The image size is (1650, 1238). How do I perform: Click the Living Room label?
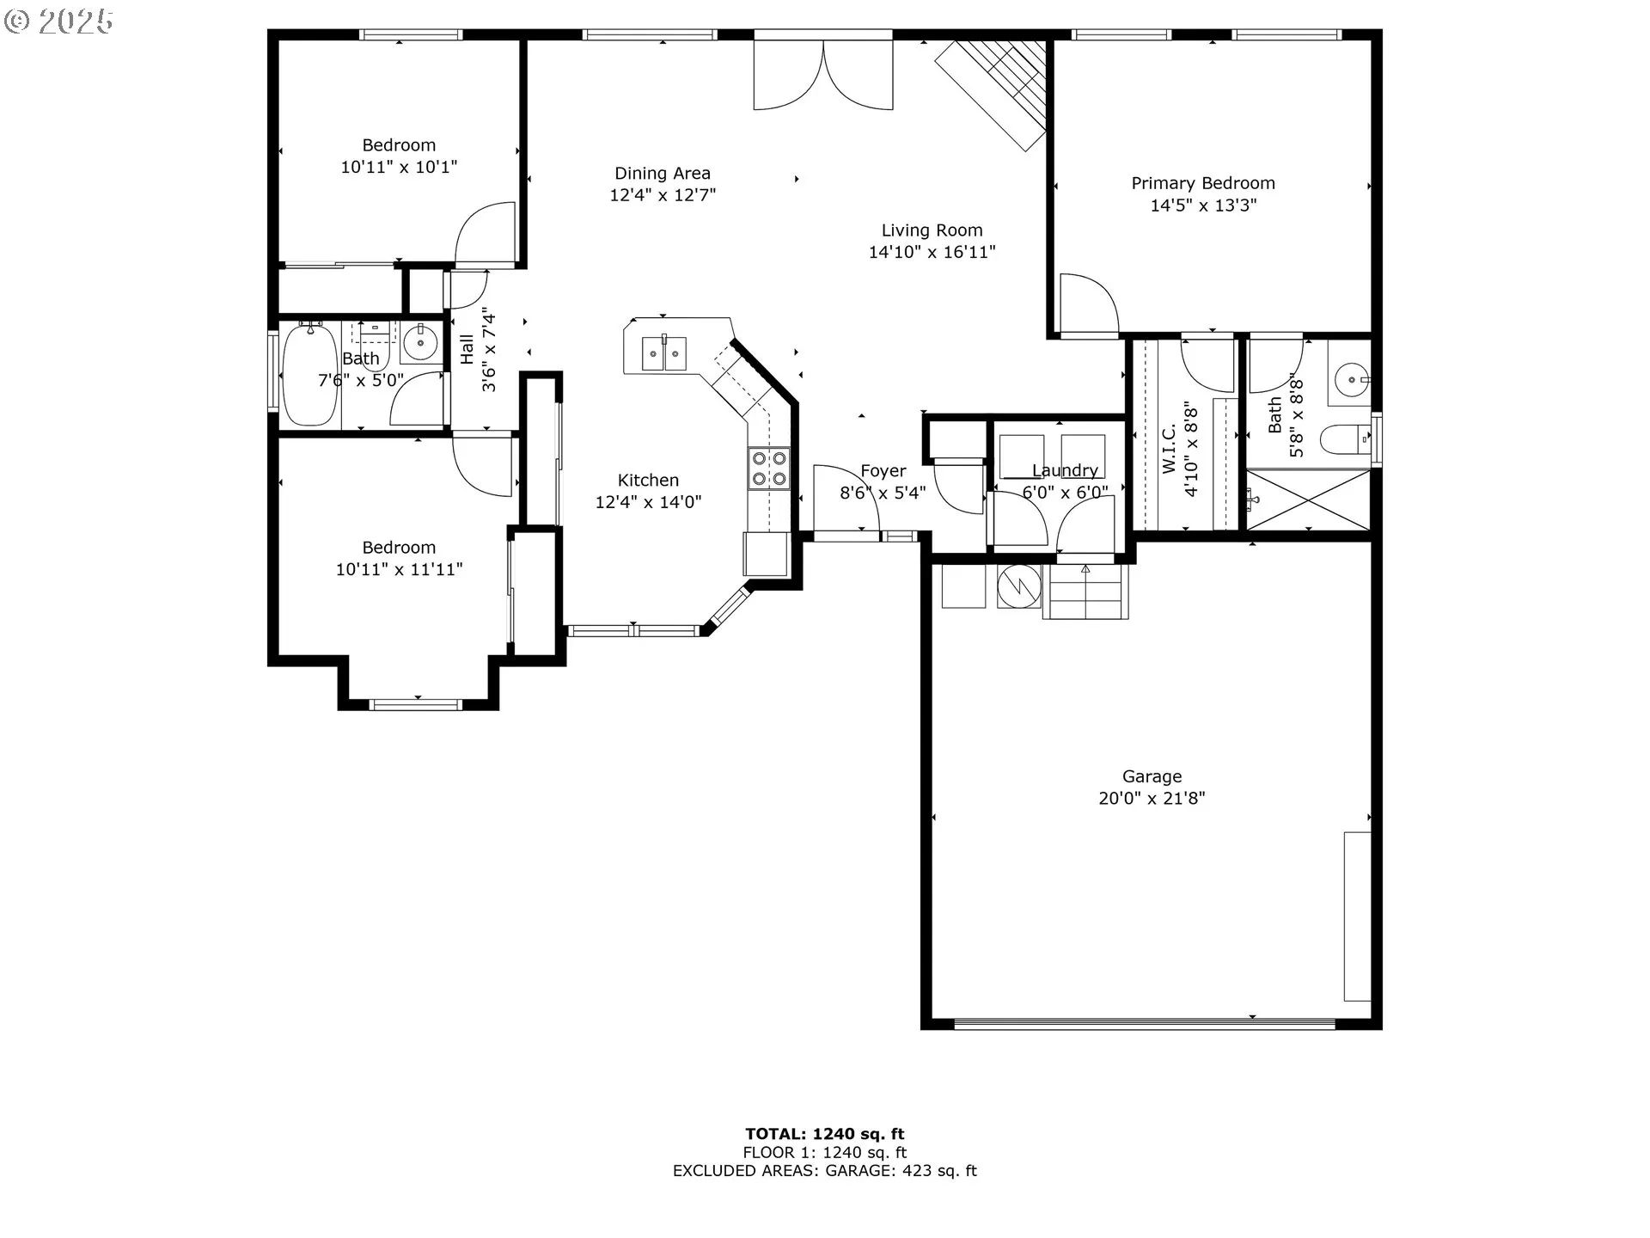pyautogui.click(x=932, y=230)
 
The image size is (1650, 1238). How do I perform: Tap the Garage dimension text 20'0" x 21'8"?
pyautogui.click(x=1152, y=799)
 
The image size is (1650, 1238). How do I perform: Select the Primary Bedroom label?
pyautogui.click(x=1203, y=183)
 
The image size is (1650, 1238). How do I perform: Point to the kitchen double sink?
pyautogui.click(x=664, y=353)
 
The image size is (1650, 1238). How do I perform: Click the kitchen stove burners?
pyautogui.click(x=769, y=469)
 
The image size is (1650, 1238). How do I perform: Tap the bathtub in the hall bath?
pyautogui.click(x=309, y=375)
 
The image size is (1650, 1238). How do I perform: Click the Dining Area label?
pyautogui.click(x=663, y=174)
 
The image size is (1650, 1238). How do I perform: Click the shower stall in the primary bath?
pyautogui.click(x=1309, y=499)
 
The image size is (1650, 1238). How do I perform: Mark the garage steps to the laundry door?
pyautogui.click(x=1085, y=591)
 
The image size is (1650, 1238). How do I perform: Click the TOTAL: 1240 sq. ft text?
pyautogui.click(x=825, y=1134)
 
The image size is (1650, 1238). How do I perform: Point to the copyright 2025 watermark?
pyautogui.click(x=58, y=21)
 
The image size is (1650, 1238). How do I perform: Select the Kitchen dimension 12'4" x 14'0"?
pyautogui.click(x=649, y=502)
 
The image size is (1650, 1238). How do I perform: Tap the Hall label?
pyautogui.click(x=467, y=349)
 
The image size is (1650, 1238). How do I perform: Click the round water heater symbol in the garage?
pyautogui.click(x=1019, y=586)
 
